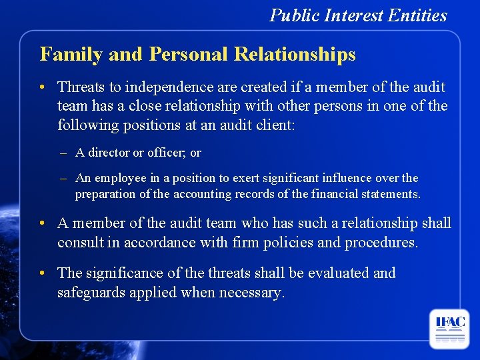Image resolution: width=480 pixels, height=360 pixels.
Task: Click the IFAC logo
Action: pyautogui.click(x=449, y=328)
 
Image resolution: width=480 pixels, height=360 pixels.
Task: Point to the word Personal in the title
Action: pyautogui.click(x=189, y=54)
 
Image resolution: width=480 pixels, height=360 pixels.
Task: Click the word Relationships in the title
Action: pyautogui.click(x=295, y=54)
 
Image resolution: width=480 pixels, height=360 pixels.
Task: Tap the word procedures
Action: pyautogui.click(x=381, y=242)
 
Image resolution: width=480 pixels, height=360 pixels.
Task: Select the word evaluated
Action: pyautogui.click(x=337, y=273)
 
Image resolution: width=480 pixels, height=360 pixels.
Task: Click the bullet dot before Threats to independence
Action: pyautogui.click(x=42, y=87)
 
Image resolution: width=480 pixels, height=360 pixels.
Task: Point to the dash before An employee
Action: pyautogui.click(x=63, y=178)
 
